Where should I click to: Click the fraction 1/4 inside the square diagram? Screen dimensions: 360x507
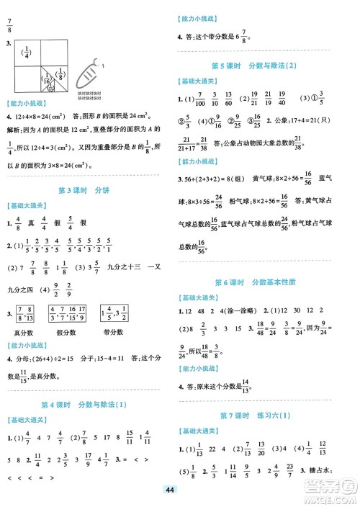[x=28, y=53]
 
